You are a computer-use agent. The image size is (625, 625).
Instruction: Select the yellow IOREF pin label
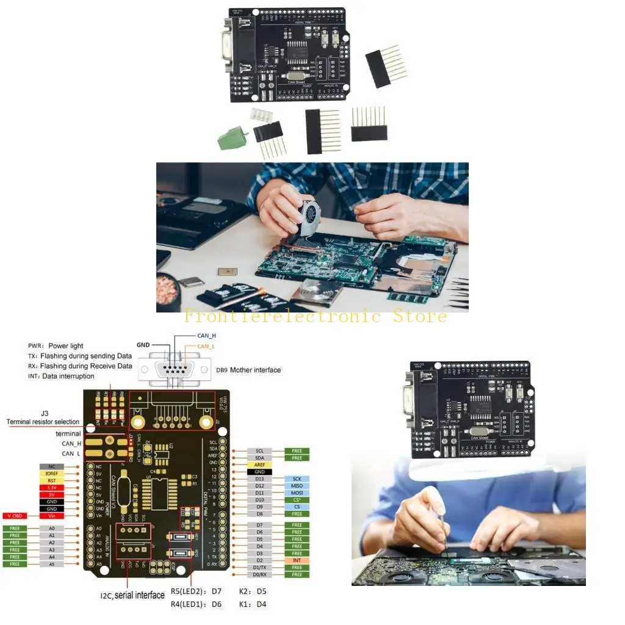[x=52, y=472]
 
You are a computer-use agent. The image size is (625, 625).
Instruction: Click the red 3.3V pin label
[x=52, y=487]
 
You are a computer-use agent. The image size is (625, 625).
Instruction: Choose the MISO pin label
[x=297, y=485]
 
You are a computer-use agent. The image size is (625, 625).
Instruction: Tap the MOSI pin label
[x=297, y=493]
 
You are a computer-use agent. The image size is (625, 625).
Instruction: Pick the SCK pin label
[x=297, y=479]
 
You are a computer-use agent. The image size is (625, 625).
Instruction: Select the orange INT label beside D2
[x=297, y=560]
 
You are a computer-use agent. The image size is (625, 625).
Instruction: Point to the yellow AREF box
[x=259, y=464]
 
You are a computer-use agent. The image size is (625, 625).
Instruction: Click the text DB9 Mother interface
[x=248, y=370]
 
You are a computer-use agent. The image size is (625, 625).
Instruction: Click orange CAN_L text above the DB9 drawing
[x=206, y=346]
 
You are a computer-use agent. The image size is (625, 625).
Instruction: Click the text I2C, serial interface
[x=132, y=595]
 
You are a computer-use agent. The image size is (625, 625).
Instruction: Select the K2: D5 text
[x=253, y=591]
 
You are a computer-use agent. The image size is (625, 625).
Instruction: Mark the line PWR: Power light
[x=56, y=346]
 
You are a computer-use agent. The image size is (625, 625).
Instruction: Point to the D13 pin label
[x=259, y=479]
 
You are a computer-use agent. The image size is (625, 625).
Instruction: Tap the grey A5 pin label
[x=52, y=564]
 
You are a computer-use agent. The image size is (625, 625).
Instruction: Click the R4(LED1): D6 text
[x=196, y=604]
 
